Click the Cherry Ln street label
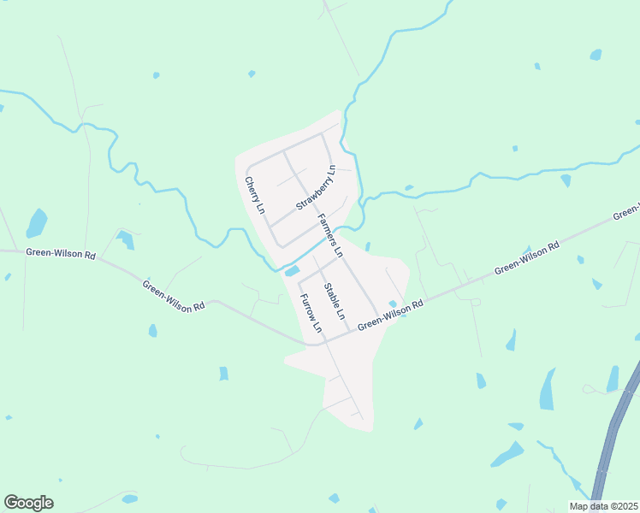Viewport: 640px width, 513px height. (x=254, y=195)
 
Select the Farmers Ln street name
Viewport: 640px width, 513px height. (x=329, y=236)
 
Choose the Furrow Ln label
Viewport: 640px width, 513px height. (x=309, y=313)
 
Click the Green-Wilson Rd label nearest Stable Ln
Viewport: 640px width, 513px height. (x=390, y=315)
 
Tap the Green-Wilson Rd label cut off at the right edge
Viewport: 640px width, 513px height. (x=627, y=211)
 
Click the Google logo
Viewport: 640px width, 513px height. (x=28, y=503)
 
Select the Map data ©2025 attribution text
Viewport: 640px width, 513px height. (x=602, y=506)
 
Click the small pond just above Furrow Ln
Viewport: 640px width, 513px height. (x=292, y=272)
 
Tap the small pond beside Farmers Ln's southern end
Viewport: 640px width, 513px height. (x=393, y=304)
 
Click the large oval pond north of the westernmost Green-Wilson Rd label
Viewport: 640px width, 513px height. (x=37, y=223)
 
